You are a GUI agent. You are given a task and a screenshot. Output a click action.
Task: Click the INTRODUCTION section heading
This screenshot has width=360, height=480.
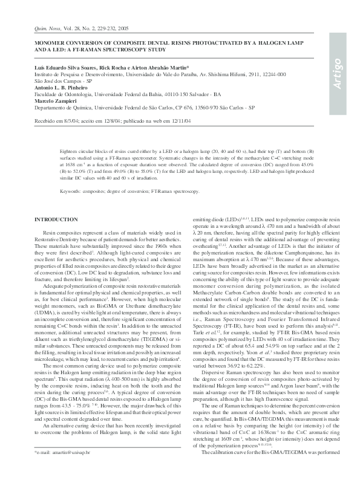[x=56, y=219]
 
